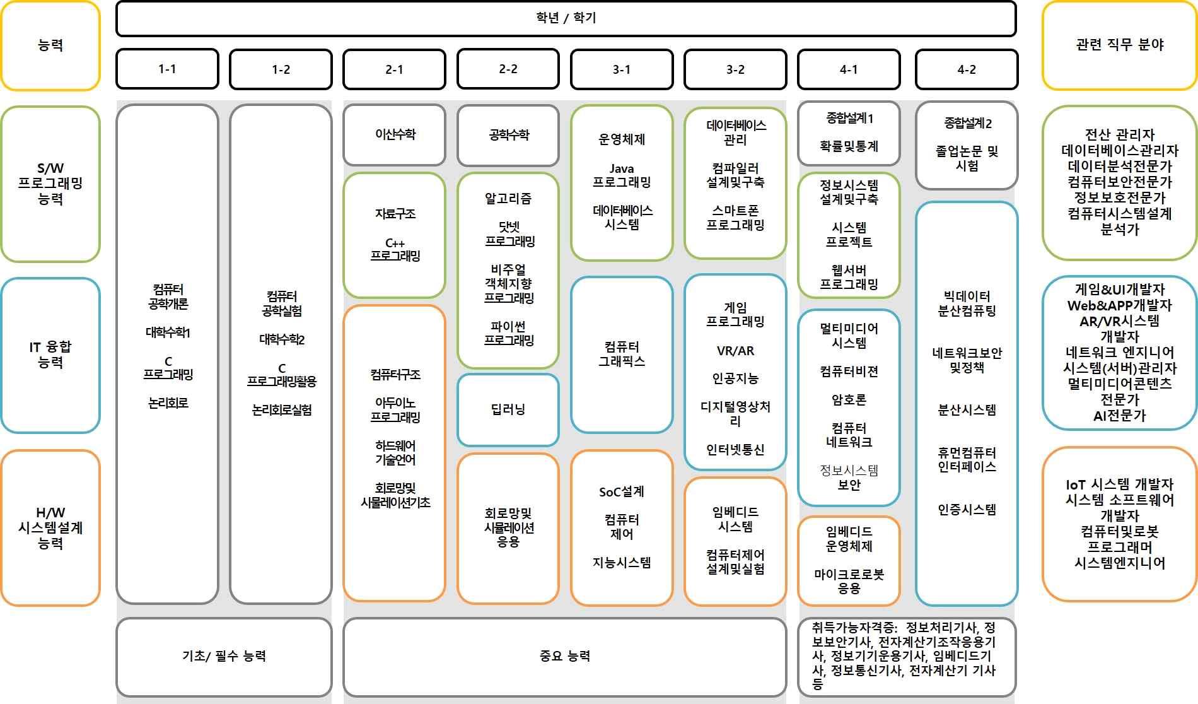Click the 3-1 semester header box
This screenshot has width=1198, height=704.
click(621, 69)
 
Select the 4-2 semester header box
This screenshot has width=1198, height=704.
click(966, 69)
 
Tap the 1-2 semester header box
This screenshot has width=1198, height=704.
click(281, 69)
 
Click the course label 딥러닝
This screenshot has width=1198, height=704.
click(508, 409)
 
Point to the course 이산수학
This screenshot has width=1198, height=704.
click(395, 134)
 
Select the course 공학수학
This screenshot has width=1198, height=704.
click(508, 134)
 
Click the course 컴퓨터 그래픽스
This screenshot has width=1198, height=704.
click(621, 354)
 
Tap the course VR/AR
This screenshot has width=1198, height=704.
click(735, 351)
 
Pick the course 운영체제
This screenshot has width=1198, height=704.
click(621, 139)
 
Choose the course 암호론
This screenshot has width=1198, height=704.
click(849, 399)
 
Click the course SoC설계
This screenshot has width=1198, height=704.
click(621, 491)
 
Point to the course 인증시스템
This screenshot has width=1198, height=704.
click(967, 509)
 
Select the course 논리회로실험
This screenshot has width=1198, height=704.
click(281, 410)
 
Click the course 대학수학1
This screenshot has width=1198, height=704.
click(168, 332)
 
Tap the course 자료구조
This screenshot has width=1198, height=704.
click(395, 214)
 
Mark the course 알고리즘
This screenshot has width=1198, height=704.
click(508, 199)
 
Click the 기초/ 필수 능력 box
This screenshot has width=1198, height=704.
click(224, 656)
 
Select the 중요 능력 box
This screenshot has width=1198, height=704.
click(564, 656)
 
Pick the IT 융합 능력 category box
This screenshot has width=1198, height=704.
click(50, 355)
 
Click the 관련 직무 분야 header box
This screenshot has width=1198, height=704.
click(1119, 45)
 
